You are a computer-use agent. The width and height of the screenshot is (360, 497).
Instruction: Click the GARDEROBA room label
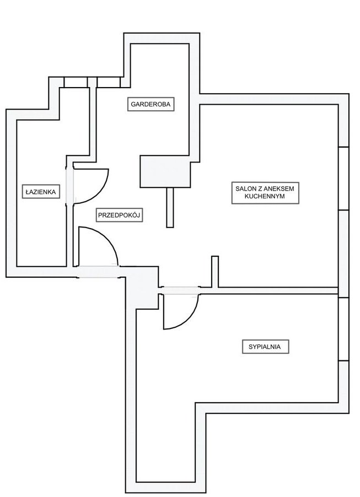tap(151, 104)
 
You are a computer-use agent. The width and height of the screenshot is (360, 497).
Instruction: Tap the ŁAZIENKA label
tap(40, 192)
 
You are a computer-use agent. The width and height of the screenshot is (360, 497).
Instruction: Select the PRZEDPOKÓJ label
tap(120, 215)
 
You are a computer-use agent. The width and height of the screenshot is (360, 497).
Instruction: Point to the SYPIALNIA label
tap(265, 347)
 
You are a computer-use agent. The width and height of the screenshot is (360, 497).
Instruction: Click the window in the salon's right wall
tap(343, 179)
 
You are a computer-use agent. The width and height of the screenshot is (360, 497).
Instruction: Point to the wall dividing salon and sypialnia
tap(276, 290)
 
